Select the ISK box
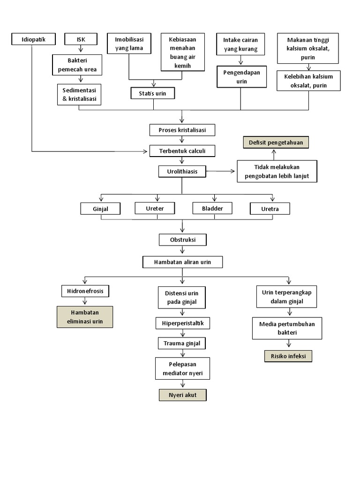[x=81, y=39]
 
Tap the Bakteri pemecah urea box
[x=77, y=65]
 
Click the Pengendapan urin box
[x=241, y=77]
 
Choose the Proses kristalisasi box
[x=183, y=129]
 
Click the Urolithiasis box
[x=182, y=172]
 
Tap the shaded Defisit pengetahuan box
[x=275, y=142]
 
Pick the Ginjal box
[x=100, y=209]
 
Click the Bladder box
[x=212, y=208]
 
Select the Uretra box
[x=270, y=209]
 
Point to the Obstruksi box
[x=182, y=240]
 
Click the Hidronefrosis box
[x=85, y=291]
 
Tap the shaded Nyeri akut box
[x=182, y=395]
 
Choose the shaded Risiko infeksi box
[x=288, y=356]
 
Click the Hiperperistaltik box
[x=182, y=323]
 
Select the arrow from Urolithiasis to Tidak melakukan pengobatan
[x=221, y=172]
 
